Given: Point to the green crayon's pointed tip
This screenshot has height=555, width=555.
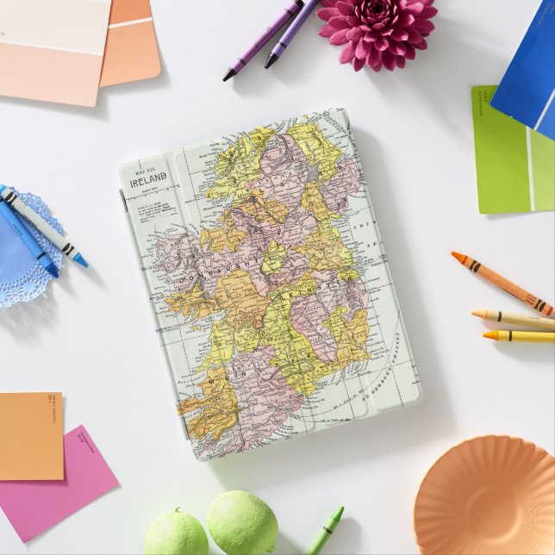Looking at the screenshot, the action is pyautogui.click(x=337, y=511).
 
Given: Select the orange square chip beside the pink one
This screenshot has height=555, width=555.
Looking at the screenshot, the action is pyautogui.click(x=30, y=435).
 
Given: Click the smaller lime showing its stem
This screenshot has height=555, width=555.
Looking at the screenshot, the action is pyautogui.click(x=176, y=533).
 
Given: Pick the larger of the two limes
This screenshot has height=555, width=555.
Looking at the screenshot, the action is pyautogui.click(x=242, y=522).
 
